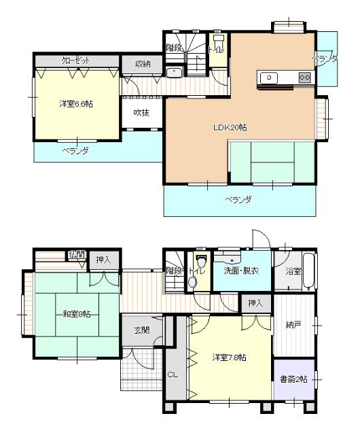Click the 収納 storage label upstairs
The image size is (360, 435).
(142, 64)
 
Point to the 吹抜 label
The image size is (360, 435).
(142, 112)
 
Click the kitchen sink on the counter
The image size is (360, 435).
(271, 77)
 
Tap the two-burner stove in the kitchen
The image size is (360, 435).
(305, 77)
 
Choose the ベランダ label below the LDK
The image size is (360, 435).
(239, 199)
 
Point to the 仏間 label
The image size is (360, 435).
(76, 255)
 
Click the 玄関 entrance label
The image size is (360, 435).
(142, 331)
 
